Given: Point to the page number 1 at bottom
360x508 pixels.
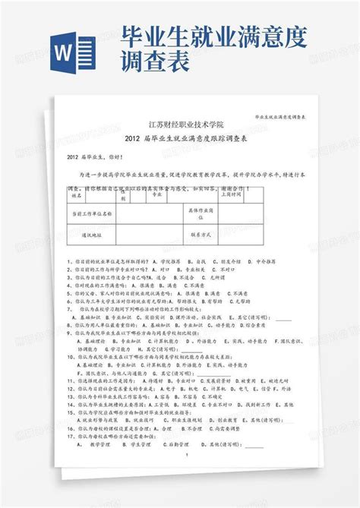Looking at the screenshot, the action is point(186,456).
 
